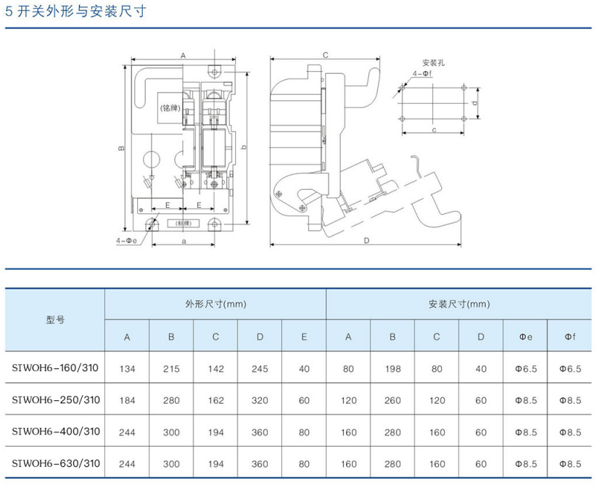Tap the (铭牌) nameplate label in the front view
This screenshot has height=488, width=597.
pyautogui.click(x=169, y=108)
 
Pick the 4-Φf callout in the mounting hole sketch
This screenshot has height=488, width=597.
pyautogui.click(x=422, y=74)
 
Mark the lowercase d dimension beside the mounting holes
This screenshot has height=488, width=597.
pyautogui.click(x=474, y=103)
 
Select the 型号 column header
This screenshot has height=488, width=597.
pyautogui.click(x=55, y=320)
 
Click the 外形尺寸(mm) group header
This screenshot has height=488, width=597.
pyautogui.click(x=215, y=304)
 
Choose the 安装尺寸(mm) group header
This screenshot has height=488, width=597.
pyautogui.click(x=459, y=304)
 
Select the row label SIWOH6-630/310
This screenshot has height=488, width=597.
pyautogui.click(x=55, y=463)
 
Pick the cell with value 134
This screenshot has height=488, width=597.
pyautogui.click(x=128, y=369)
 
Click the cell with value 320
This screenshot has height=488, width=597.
pyautogui.click(x=260, y=400)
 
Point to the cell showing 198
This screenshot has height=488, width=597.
pyautogui.click(x=392, y=369)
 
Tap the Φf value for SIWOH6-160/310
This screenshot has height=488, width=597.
pyautogui.click(x=570, y=369)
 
